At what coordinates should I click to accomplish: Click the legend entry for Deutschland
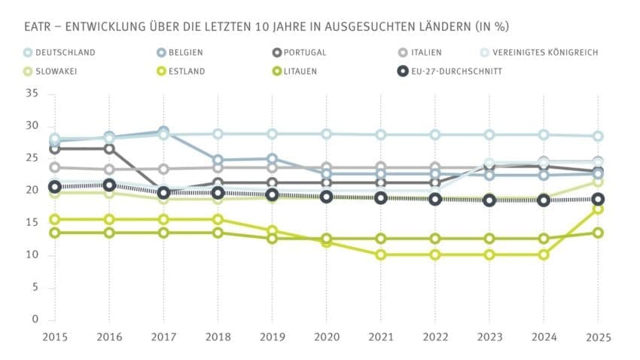(61, 53)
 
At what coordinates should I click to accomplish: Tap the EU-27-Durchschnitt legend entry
(451, 72)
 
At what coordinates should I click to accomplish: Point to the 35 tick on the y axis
(31, 94)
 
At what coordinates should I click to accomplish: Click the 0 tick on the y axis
(35, 319)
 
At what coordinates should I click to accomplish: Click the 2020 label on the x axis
(327, 337)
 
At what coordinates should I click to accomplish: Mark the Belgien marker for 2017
(163, 133)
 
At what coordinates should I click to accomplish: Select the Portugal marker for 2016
(109, 148)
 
